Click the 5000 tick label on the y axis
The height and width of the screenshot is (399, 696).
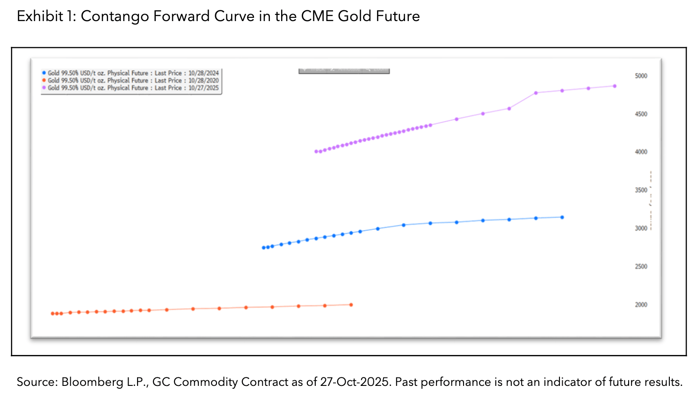(x=641, y=76)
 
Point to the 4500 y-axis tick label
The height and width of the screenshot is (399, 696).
(x=641, y=114)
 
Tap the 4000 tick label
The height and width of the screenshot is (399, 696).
(x=641, y=152)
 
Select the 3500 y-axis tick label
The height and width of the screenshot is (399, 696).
(x=641, y=190)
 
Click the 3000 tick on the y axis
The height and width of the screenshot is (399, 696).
(x=641, y=229)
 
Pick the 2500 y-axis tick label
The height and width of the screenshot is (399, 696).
(x=641, y=266)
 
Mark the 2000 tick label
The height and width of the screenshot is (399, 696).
(x=641, y=305)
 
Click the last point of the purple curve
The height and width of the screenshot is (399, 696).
(x=615, y=86)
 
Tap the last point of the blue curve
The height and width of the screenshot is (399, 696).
(x=562, y=217)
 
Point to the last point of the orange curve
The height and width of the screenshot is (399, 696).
(x=351, y=305)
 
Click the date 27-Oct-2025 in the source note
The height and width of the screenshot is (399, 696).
(x=354, y=382)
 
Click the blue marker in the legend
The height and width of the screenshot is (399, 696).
(x=44, y=73)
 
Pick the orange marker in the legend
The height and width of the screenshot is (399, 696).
(x=44, y=81)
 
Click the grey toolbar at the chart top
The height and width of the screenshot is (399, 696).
(x=344, y=71)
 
